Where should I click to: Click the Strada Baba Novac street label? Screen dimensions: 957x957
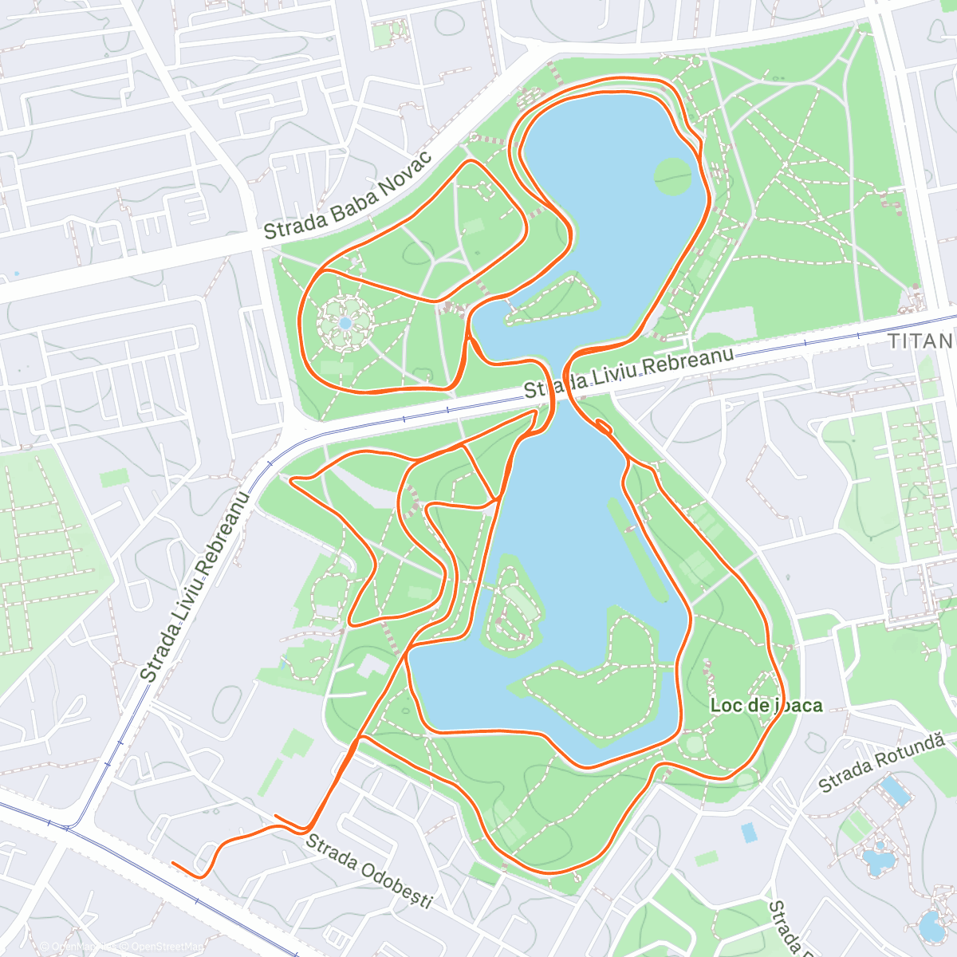point(348,195)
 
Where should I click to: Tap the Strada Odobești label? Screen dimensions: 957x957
point(368,871)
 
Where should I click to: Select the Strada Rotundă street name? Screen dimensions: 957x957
point(882,762)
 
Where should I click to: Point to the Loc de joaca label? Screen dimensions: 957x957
point(766,705)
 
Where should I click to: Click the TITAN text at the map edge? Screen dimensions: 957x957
point(922,342)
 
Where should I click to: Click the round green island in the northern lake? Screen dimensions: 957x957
point(673,176)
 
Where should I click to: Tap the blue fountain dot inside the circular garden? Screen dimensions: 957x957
point(345,323)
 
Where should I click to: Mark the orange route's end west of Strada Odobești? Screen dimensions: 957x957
point(174,863)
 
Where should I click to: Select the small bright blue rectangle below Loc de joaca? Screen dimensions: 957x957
point(749,833)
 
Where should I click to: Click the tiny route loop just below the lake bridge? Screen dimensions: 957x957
point(604,429)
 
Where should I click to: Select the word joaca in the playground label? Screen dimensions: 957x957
point(798,705)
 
